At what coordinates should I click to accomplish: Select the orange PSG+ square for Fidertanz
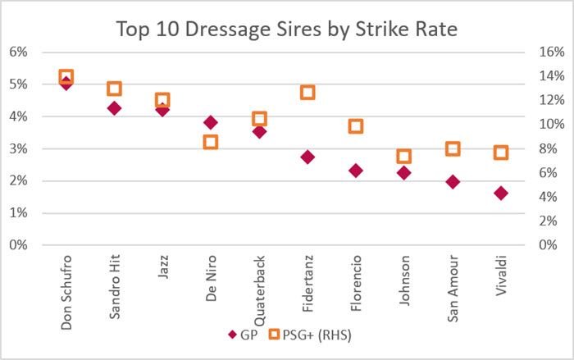(307, 93)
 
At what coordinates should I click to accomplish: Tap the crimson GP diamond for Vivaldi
(500, 194)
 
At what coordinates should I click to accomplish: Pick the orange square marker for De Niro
(211, 141)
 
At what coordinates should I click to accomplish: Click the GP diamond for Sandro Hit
(114, 108)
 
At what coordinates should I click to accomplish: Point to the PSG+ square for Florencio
(356, 126)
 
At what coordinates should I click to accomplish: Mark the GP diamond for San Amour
(452, 182)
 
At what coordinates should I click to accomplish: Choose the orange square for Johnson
(403, 157)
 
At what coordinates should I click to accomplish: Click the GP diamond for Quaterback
(259, 131)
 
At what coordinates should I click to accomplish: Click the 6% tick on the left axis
(18, 52)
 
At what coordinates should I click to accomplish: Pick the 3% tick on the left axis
(18, 148)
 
